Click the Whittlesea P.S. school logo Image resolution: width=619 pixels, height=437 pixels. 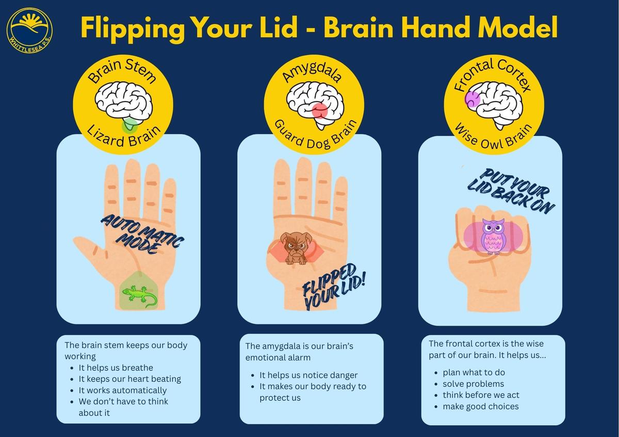[29, 30]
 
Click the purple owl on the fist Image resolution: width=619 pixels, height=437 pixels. [493, 237]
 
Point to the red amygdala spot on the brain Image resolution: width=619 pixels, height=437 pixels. [320, 111]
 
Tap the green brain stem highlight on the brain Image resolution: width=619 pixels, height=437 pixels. [129, 125]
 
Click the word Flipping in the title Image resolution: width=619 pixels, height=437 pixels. [133, 29]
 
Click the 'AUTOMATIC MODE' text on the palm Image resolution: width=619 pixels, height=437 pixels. [142, 234]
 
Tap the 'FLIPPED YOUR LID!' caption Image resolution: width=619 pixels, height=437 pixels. [334, 287]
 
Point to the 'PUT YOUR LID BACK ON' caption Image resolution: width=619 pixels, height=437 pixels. [511, 191]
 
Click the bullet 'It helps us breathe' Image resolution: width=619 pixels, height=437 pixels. [116, 368]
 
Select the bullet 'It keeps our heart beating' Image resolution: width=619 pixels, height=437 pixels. [130, 379]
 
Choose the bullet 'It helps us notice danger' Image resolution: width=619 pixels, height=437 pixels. [308, 375]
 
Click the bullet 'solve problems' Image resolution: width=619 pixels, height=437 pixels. [474, 384]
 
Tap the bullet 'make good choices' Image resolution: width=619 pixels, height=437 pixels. [481, 407]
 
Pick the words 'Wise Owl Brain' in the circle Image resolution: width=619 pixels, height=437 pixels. [494, 137]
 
